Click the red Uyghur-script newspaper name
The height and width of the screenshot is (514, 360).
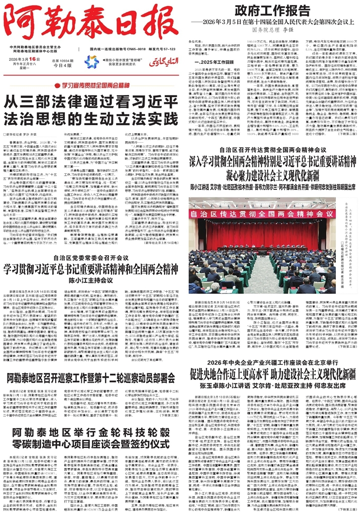click(x=159, y=62)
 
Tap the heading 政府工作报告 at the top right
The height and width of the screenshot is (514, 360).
click(x=268, y=11)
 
